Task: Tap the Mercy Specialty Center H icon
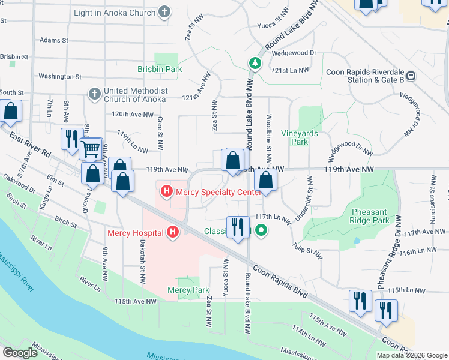pos(166,192)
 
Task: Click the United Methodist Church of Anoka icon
pos(94,94)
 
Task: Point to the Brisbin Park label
pos(160,69)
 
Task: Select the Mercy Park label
pos(188,290)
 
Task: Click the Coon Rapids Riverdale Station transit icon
pos(411,76)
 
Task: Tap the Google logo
pos(20,353)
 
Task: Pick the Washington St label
pos(59,77)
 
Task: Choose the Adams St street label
pos(54,40)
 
